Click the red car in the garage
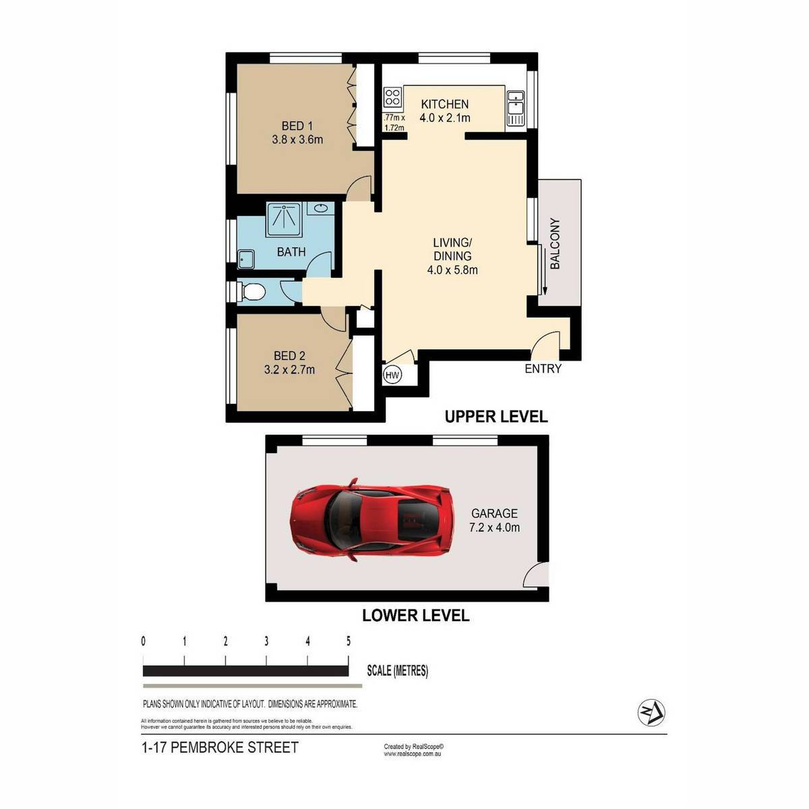pos(371,519)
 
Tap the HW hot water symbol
pos(392,374)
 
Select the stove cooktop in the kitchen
pos(392,97)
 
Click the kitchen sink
pos(514,108)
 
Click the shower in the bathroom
pos(283,220)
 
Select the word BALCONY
pos(555,243)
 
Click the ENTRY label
pos(543,369)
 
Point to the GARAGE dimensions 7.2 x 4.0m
pos(494,527)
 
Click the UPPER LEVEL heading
pos(496,417)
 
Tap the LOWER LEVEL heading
pos(416,616)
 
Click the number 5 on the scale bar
pos(348,641)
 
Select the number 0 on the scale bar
pos(144,641)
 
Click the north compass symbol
pos(651,713)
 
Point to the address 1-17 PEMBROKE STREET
pos(220,747)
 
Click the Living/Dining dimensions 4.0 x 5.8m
pos(452,270)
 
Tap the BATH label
pos(291,252)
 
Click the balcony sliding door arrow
pos(545,271)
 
